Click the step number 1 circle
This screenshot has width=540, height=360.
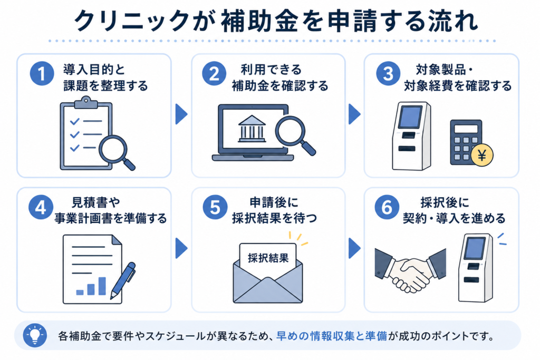42,73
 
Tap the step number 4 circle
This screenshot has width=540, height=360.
41,207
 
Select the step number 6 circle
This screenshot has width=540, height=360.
387,207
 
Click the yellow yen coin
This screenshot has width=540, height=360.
482,155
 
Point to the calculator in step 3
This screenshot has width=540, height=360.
466,143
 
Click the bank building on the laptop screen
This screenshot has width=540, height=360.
252,129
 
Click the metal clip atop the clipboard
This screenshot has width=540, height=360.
86,102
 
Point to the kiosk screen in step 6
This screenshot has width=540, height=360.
475,248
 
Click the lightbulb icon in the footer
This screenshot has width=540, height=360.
35,335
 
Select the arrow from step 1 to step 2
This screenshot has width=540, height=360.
181,114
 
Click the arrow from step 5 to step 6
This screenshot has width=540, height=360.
354,248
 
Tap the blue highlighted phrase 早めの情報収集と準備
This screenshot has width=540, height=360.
332,336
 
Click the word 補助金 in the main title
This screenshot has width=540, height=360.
259,21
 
